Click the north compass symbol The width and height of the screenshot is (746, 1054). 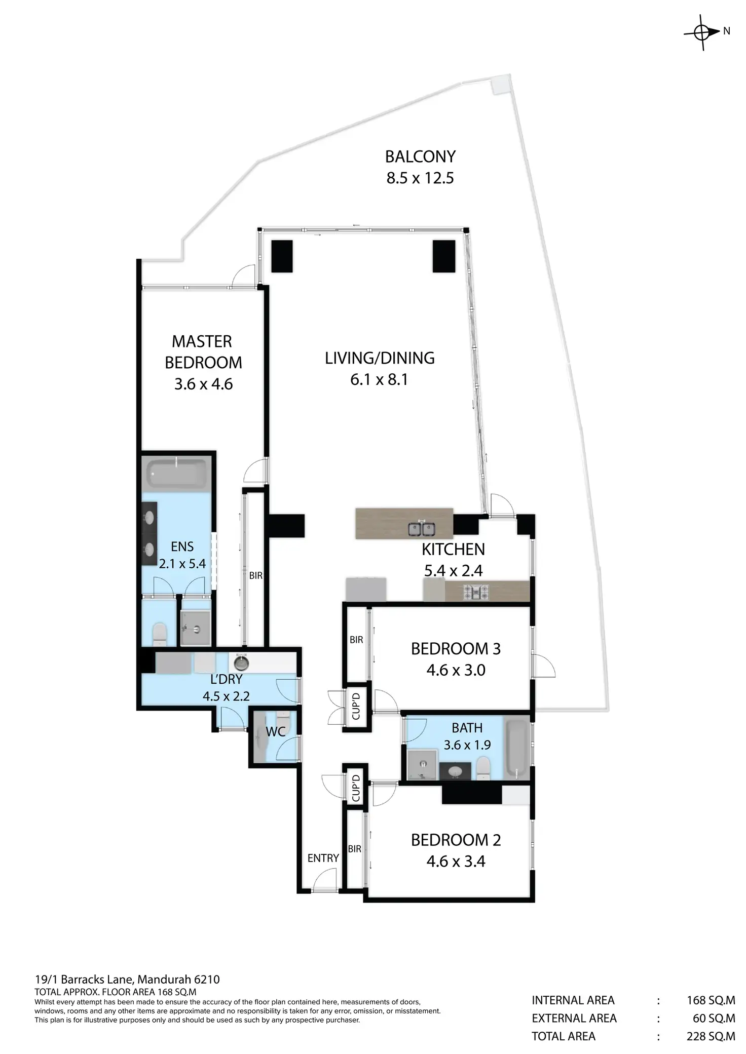(703, 32)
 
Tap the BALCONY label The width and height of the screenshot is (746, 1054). (420, 157)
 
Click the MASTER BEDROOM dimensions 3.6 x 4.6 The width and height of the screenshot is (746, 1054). (203, 384)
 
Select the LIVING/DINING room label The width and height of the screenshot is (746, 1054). (380, 358)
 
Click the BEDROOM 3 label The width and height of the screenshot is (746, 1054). (456, 649)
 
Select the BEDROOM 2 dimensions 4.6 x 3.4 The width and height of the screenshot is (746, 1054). (456, 861)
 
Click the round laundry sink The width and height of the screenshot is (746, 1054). (240, 662)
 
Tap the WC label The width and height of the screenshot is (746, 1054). (276, 731)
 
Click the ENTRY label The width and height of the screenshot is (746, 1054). (323, 857)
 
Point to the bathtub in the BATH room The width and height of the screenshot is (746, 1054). (516, 748)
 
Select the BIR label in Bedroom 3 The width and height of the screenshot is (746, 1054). (356, 640)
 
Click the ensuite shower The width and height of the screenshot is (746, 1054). (195, 628)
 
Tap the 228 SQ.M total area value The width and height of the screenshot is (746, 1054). (711, 1036)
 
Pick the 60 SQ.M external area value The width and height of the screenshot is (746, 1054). (714, 1018)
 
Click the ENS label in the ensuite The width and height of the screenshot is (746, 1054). (182, 546)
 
